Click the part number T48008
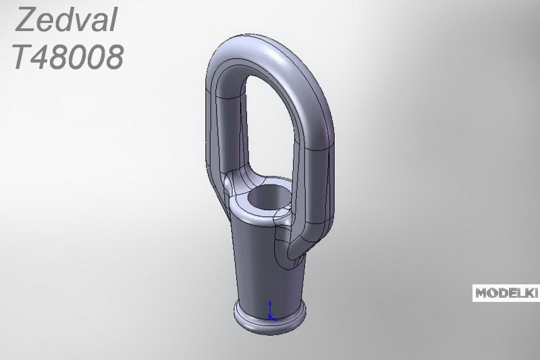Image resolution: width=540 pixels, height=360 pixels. pos(68,57)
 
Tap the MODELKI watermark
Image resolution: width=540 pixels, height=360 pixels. pos(506,293)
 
